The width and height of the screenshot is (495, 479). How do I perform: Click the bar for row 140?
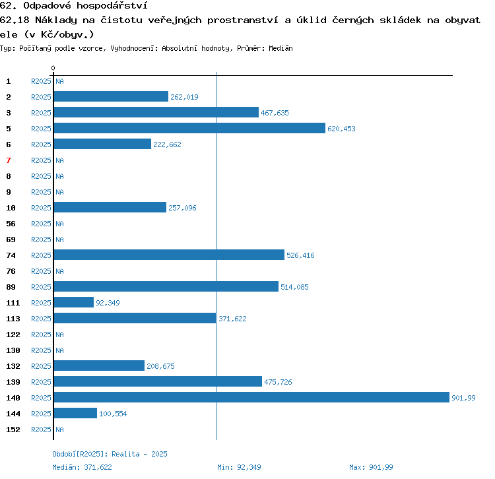[251, 397]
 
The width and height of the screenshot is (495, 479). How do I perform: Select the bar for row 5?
[189, 128]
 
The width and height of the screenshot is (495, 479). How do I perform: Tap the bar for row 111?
[74, 302]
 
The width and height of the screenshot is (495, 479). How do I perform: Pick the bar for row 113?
[135, 318]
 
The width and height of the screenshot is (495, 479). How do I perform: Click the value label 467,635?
[275, 113]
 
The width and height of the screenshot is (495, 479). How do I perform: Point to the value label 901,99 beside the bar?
[463, 398]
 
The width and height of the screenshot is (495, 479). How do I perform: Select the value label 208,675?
[160, 366]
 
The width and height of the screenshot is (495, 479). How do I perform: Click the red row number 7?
[9, 160]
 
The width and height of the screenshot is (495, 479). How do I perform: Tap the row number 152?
[13, 430]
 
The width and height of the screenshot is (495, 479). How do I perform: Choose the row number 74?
[11, 255]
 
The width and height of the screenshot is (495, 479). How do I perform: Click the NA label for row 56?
[59, 224]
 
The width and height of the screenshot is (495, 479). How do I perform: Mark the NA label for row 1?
[59, 81]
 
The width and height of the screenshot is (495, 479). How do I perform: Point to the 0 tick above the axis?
[53, 68]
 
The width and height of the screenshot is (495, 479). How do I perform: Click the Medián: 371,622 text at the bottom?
[82, 467]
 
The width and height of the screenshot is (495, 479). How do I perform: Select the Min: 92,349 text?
[239, 467]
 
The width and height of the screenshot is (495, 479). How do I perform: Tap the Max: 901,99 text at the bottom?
[371, 467]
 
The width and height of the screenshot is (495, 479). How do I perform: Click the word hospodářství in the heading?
[112, 6]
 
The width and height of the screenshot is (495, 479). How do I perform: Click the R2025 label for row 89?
[41, 287]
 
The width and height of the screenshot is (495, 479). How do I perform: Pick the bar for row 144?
[75, 413]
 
